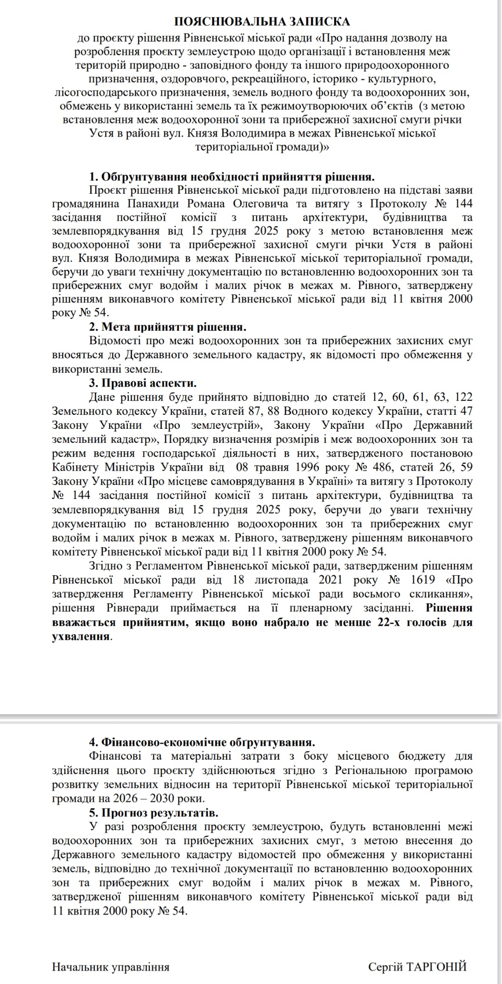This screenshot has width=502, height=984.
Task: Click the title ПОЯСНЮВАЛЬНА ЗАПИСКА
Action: tap(262, 21)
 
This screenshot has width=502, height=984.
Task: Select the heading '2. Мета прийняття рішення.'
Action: tap(167, 327)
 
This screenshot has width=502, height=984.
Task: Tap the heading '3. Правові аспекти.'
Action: tap(143, 383)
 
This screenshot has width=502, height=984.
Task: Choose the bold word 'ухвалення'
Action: tap(81, 636)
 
